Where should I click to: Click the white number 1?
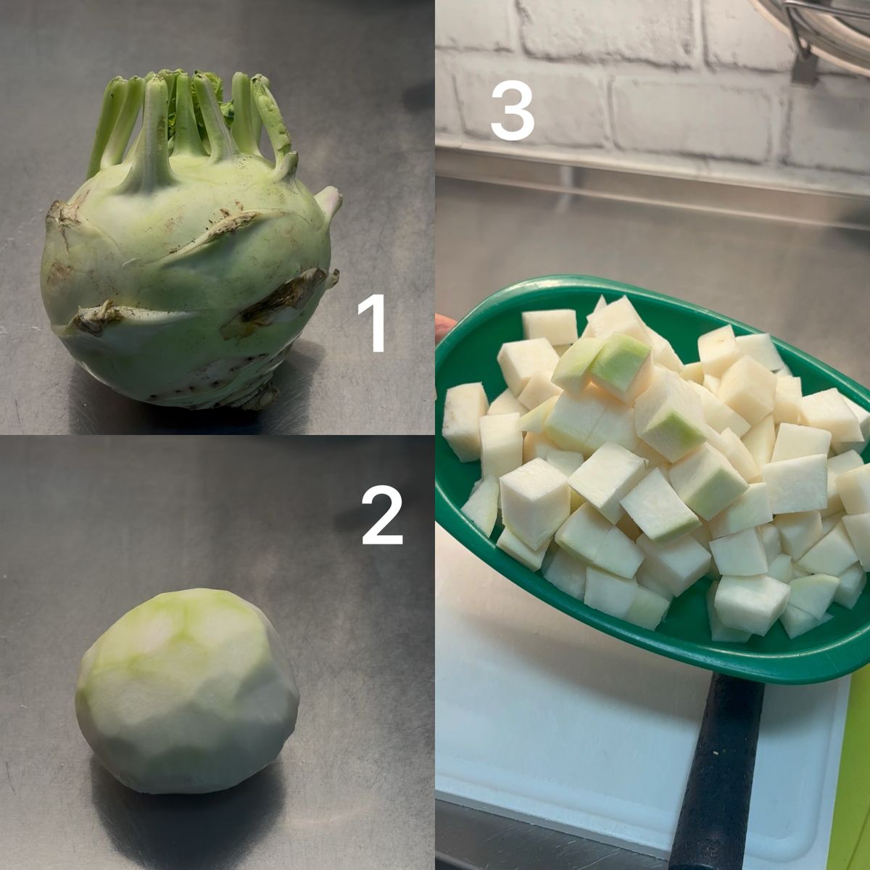point(372,323)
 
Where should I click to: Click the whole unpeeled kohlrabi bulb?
point(190,253)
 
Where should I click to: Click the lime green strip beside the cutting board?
point(857,768)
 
